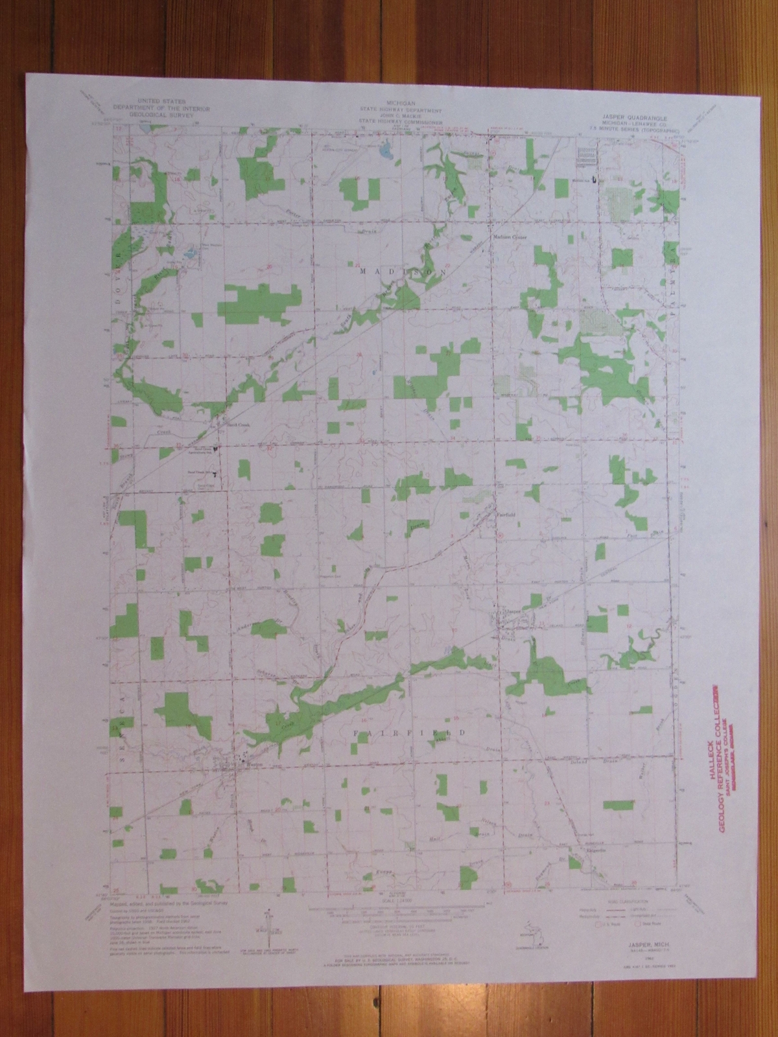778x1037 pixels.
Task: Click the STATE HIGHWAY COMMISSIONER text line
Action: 402,121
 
